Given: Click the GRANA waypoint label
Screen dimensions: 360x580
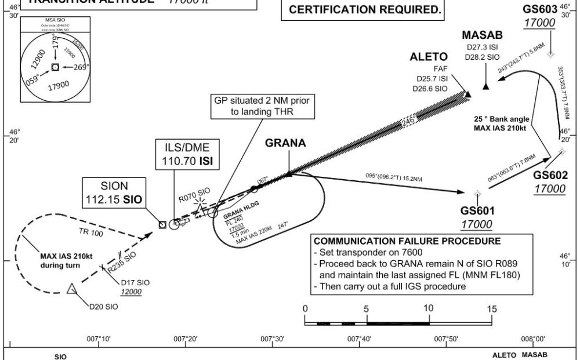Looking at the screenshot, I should [x=285, y=143].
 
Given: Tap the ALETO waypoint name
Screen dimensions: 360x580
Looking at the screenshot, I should [x=429, y=57].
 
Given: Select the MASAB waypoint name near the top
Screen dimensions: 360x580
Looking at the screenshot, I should [x=483, y=35].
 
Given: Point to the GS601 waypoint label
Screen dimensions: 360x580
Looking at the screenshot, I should [x=477, y=212].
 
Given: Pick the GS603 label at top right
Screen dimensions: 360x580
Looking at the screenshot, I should [x=539, y=9].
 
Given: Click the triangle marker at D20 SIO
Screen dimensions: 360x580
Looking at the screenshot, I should [x=71, y=289].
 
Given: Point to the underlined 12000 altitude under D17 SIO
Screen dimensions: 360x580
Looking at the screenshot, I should [x=132, y=292].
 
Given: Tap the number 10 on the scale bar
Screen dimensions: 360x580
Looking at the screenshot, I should [x=429, y=309].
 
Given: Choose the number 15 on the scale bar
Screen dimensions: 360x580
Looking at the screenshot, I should [x=491, y=309].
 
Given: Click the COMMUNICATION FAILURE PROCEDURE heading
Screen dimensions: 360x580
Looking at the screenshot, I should [x=407, y=241].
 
